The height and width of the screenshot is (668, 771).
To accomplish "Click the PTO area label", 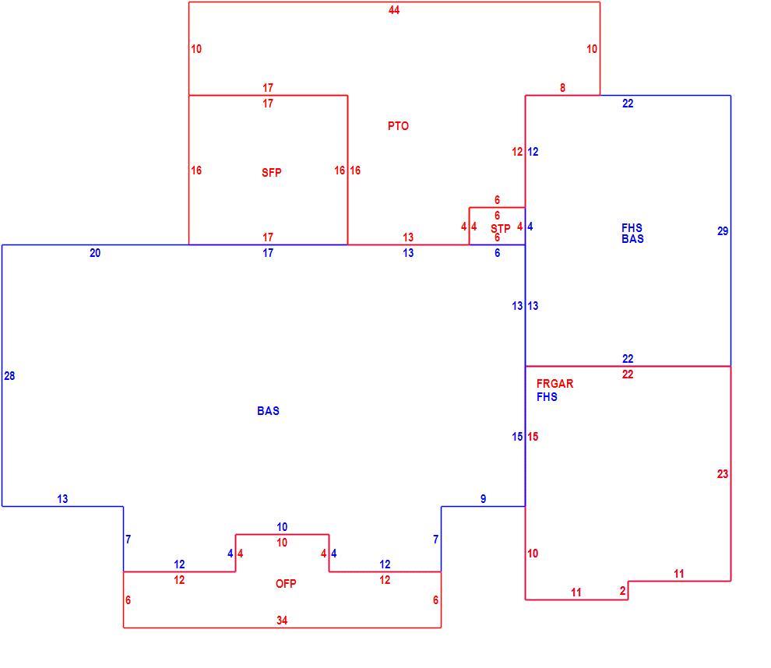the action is tap(398, 126).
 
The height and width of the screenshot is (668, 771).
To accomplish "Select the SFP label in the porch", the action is tap(272, 173).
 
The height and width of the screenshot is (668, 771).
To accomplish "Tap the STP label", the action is tap(501, 229).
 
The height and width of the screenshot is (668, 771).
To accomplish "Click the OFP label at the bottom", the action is tap(286, 583).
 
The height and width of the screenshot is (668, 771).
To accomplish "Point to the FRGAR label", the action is tap(554, 383).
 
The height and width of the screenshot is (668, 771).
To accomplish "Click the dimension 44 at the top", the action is tap(394, 10).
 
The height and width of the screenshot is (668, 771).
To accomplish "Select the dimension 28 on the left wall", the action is tap(9, 376).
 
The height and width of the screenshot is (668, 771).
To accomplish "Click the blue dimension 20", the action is tap(95, 253).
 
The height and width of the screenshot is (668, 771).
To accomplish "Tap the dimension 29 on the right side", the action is tap(722, 231).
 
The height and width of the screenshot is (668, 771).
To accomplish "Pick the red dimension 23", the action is tap(722, 474).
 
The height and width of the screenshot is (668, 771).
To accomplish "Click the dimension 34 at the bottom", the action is tap(282, 621).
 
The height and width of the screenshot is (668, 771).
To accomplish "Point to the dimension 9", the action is tap(484, 499).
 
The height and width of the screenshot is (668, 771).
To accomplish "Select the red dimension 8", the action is tap(562, 88).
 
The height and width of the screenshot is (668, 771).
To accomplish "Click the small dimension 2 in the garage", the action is tap(622, 591).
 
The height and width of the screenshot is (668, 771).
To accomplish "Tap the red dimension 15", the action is tap(533, 437).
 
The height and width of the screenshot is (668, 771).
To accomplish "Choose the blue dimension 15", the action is tap(517, 437).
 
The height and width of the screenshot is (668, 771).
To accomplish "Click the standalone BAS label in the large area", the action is tap(268, 411).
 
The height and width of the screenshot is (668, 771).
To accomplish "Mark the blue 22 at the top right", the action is tap(628, 104).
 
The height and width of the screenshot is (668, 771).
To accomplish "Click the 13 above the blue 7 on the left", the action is tap(62, 499).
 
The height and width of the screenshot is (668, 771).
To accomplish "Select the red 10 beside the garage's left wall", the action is tap(533, 554).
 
